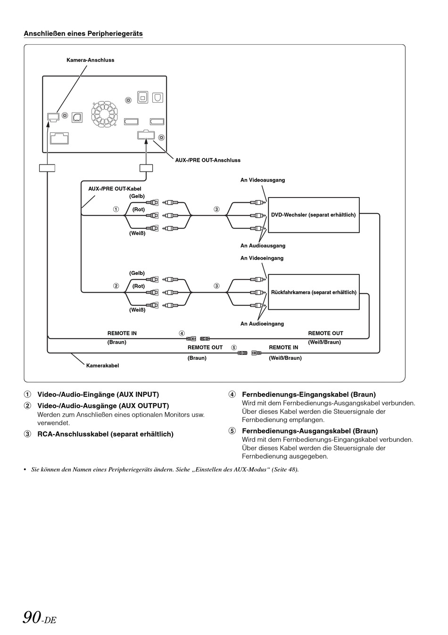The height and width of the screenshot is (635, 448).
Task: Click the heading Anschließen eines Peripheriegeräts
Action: [x=83, y=33]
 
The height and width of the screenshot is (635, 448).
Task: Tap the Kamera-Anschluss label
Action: [x=90, y=60]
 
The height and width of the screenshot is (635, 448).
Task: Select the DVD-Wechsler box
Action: [x=314, y=215]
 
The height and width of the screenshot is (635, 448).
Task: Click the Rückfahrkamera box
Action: [x=314, y=292]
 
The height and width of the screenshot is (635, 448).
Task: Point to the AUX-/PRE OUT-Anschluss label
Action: [x=207, y=160]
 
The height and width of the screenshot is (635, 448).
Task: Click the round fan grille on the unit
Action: [x=104, y=114]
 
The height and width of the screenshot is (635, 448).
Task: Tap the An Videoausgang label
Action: [x=263, y=180]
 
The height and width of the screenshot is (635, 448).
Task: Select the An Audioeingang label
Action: [x=262, y=324]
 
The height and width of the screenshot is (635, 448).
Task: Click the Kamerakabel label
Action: [x=102, y=366]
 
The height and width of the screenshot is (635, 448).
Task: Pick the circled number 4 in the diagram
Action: [x=182, y=333]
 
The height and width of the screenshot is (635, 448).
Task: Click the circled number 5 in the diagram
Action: [x=233, y=347]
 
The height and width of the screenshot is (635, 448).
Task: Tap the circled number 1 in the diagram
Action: [x=116, y=209]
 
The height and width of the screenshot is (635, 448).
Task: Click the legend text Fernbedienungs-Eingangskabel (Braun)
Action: [x=309, y=394]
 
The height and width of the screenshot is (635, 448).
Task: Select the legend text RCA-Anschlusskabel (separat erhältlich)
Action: [x=105, y=434]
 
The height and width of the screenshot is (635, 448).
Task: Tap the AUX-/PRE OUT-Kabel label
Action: [x=115, y=189]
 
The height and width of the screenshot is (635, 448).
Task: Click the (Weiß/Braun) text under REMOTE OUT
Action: [x=324, y=342]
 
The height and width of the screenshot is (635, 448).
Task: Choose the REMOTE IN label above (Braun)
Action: [x=122, y=333]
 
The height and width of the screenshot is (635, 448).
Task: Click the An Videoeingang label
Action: [x=262, y=258]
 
